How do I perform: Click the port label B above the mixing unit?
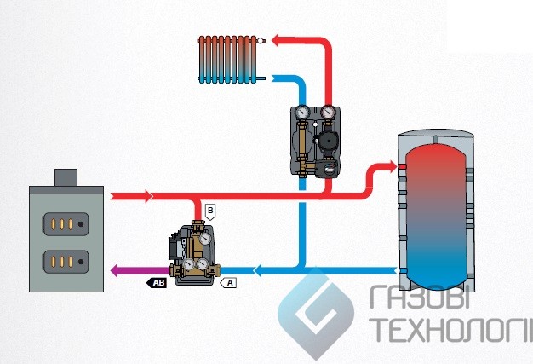tap(210, 209)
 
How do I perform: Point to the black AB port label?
tap(158, 280)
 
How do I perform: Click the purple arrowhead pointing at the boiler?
tap(115, 271)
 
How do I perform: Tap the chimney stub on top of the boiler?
tap(66, 176)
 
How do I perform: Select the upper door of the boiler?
tap(65, 224)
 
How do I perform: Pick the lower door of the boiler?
tap(65, 259)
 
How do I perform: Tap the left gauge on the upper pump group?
tap(302, 112)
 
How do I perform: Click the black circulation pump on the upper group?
tap(327, 137)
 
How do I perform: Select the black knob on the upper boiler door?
tap(81, 224)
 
